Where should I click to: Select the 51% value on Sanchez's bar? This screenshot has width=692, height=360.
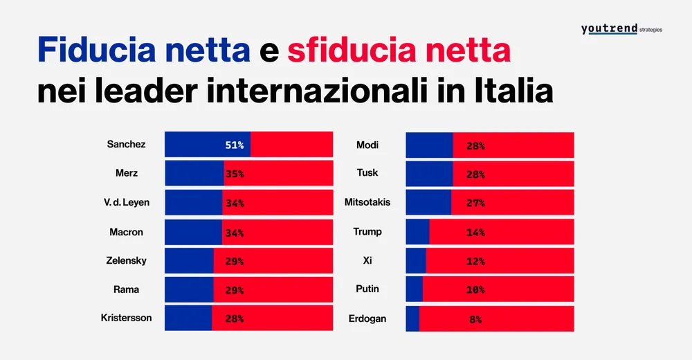[235, 145]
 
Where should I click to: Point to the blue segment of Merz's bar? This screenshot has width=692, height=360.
[194, 174]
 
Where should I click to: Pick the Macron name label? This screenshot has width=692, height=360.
[126, 232]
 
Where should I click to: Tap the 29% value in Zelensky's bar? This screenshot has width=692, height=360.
[235, 261]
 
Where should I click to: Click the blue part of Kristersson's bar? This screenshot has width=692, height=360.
[188, 318]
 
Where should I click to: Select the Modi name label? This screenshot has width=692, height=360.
[367, 145]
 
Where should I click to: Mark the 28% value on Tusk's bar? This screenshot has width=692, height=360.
[475, 174]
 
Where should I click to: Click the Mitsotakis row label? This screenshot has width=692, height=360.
[367, 202]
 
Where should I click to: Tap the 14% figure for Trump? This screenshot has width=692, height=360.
[475, 233]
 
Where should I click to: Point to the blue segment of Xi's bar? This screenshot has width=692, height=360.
[415, 261]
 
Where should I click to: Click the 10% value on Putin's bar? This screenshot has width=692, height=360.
[475, 290]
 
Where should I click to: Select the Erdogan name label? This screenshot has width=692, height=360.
[367, 318]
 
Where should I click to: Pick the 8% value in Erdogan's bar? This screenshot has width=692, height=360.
[475, 319]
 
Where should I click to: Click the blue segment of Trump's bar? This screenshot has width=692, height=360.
[417, 232]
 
